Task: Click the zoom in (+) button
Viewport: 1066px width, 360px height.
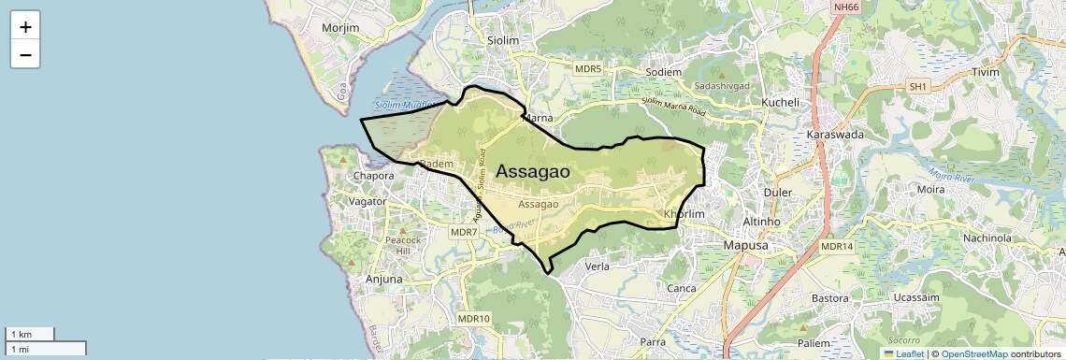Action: click(25, 27)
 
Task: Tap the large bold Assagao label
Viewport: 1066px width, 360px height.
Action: click(533, 171)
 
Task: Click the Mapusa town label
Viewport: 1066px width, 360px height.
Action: click(746, 246)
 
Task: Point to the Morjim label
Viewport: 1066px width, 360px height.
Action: click(339, 28)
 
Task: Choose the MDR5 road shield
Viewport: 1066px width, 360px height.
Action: click(588, 69)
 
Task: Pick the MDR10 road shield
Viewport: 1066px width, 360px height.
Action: click(474, 319)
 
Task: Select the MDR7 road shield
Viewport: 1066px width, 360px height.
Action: click(464, 231)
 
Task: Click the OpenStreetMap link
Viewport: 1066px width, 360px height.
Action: click(974, 353)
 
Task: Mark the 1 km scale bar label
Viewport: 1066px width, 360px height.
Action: click(21, 334)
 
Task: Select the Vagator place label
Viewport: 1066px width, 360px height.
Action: click(367, 201)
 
